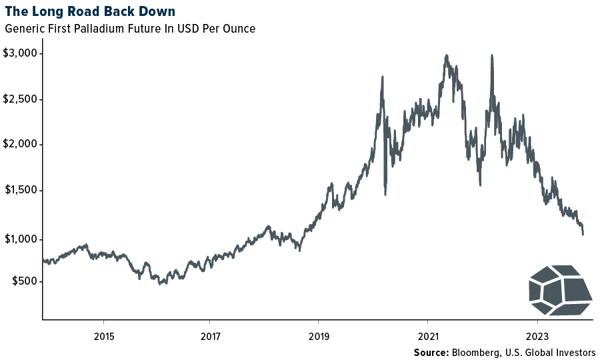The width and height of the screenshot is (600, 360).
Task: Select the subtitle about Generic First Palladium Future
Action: coord(130,29)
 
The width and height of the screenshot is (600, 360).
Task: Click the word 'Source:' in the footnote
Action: coord(431,351)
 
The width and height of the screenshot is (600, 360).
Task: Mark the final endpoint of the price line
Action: coord(583,234)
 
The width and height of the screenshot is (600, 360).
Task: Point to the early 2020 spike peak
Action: coord(383,77)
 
